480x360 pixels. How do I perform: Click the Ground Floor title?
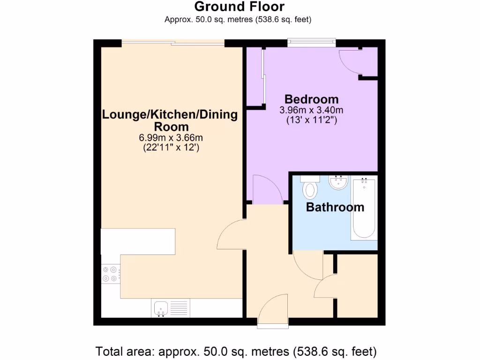coord(239,7)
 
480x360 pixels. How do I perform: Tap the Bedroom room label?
coord(312,99)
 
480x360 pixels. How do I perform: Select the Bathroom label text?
coord(335,207)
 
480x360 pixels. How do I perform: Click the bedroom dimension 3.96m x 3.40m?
coord(312,111)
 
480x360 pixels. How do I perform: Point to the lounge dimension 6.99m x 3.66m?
coord(171,138)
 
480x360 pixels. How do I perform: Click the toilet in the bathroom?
coord(310,189)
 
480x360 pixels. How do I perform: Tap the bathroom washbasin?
coord(338,183)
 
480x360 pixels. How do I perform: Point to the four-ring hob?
coord(111,274)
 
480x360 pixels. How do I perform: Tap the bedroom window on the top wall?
coord(312,43)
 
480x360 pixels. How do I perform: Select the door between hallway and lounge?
coord(232,234)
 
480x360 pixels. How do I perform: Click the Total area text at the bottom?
coord(236,351)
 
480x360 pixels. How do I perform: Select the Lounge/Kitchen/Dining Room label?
coord(170,120)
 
